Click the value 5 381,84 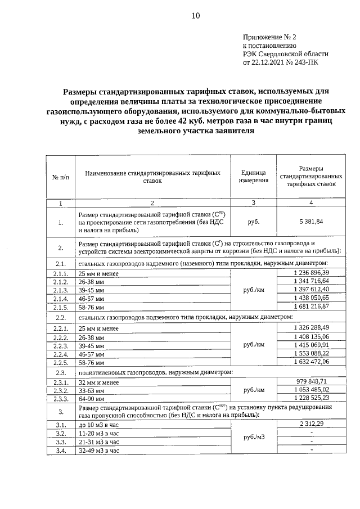311,222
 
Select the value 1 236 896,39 311,273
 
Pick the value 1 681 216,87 311,307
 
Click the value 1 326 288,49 311,327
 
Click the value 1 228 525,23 311,398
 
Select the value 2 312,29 311,422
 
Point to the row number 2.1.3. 60,290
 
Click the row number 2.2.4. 60,355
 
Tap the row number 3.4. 60,451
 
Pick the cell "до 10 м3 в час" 99,425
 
